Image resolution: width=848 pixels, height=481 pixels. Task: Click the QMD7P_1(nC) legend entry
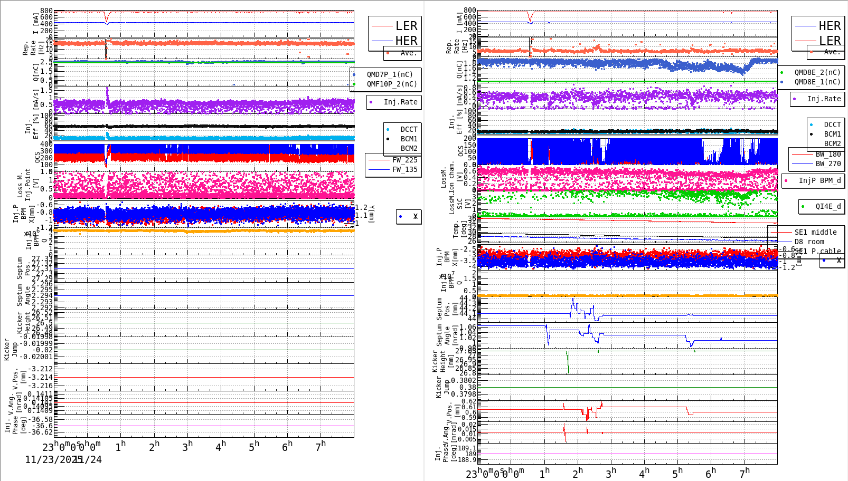coord(390,74)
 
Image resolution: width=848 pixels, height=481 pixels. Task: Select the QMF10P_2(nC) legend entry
coord(392,84)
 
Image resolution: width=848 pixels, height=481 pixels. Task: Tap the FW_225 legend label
coord(404,160)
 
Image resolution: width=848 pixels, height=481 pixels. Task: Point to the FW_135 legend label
coord(404,169)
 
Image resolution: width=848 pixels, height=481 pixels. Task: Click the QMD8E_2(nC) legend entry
coord(817,72)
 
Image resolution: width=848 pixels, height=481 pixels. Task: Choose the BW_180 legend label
coord(828,154)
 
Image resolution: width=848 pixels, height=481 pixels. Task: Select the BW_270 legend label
coord(828,163)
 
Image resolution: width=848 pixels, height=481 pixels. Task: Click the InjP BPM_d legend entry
coord(819,180)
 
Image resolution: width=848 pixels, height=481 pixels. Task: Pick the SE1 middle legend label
coord(815,232)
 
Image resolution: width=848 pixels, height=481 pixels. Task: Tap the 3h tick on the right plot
coord(610,473)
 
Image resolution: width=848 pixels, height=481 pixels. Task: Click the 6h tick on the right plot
coord(711,473)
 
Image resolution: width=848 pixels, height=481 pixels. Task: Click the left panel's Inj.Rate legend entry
coord(400,102)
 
